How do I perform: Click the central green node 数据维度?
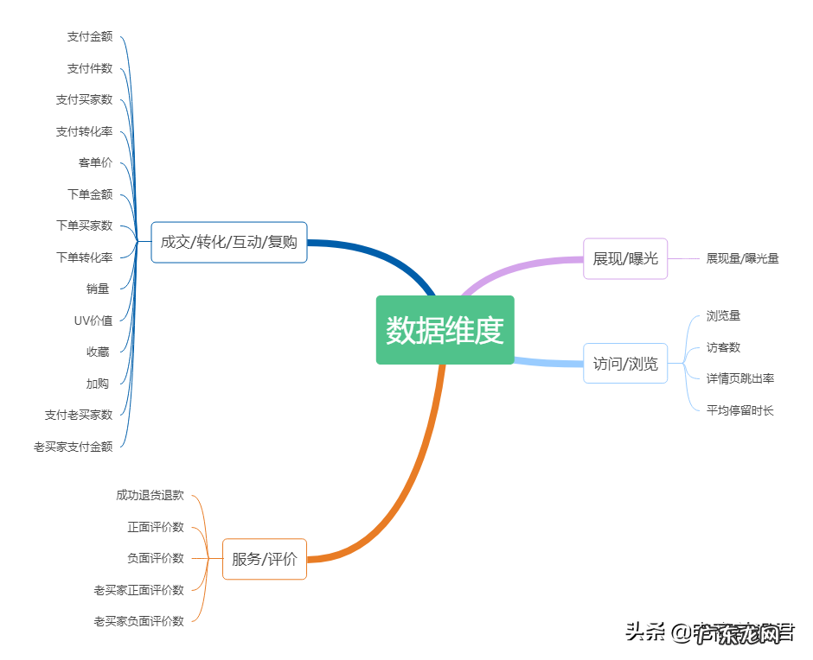[x=445, y=330]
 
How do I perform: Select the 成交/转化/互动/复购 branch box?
[x=229, y=242]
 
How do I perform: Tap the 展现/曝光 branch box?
[x=625, y=258]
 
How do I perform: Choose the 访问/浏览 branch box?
[x=625, y=363]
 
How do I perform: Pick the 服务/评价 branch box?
[x=265, y=559]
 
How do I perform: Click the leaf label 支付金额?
[x=90, y=36]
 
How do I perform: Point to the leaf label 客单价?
[x=95, y=162]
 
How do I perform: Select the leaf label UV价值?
[x=93, y=320]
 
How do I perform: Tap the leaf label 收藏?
[x=98, y=352]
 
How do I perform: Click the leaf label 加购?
[x=98, y=384]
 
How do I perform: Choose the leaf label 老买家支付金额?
[x=74, y=447]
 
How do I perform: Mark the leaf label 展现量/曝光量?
[x=742, y=258]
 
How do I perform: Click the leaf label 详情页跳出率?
[x=739, y=378]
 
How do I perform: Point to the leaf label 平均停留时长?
[x=739, y=410]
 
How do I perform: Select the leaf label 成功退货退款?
[x=150, y=495]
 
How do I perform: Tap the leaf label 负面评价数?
[x=156, y=558]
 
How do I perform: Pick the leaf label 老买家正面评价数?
[x=139, y=590]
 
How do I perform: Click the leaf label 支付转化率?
[x=85, y=131]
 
